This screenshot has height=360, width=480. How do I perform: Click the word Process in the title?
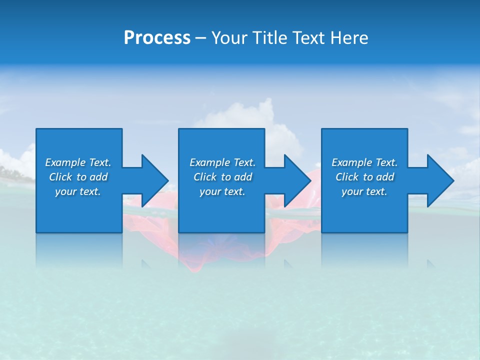[157, 38]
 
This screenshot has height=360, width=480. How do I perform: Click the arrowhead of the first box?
[152, 180]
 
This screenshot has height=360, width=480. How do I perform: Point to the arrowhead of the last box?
[438, 180]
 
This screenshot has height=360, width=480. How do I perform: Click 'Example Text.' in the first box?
[78, 162]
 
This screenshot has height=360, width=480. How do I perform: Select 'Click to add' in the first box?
[78, 177]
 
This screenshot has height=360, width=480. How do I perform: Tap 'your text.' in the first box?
[78, 191]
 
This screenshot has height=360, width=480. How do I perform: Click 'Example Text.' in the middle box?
[222, 162]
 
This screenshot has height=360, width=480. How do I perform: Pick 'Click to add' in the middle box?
[222, 177]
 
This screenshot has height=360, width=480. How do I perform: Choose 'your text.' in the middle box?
[222, 191]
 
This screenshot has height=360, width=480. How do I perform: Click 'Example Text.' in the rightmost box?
[364, 162]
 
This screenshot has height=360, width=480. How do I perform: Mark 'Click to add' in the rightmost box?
[364, 177]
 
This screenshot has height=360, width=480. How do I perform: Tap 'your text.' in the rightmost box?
[364, 191]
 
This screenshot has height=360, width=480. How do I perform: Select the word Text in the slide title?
[309, 38]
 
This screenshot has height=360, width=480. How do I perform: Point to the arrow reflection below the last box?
[431, 263]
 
